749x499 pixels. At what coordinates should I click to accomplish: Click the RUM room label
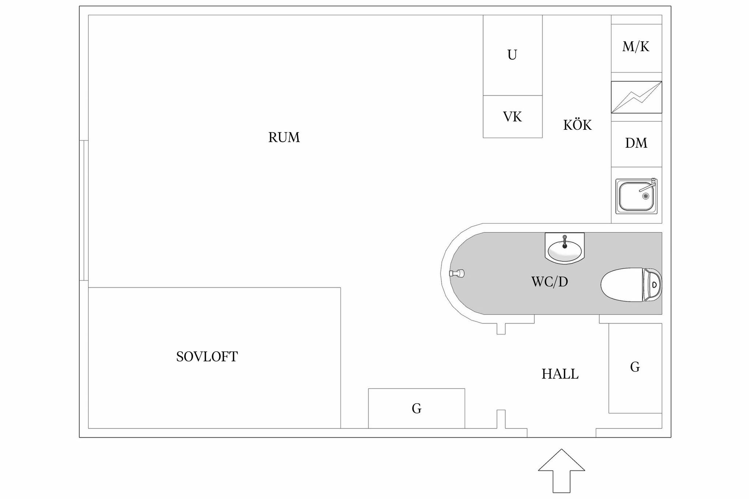tap(284, 137)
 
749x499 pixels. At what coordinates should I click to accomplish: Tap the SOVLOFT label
tap(207, 357)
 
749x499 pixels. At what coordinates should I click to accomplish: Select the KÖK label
tap(577, 125)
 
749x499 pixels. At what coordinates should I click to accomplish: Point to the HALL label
tap(560, 374)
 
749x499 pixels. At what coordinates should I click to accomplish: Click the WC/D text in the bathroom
tap(549, 282)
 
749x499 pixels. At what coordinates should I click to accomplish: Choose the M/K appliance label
tap(636, 46)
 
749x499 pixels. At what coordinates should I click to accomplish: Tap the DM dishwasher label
tap(636, 143)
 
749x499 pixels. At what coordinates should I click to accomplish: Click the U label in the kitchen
tap(512, 55)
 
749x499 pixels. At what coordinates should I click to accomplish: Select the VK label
tap(512, 117)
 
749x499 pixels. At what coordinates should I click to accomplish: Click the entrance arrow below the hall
tap(561, 471)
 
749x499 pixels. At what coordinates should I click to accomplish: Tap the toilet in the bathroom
tap(631, 285)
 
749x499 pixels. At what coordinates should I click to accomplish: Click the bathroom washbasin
tap(565, 248)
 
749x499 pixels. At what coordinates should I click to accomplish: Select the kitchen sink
tap(636, 196)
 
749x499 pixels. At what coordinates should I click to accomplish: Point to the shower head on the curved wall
tap(457, 273)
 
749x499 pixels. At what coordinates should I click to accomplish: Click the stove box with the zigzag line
tap(636, 97)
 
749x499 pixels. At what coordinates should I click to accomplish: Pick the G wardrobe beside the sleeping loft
tap(417, 408)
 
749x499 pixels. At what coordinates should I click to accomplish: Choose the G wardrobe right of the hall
tap(635, 368)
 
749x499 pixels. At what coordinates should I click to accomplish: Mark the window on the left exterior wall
tap(84, 211)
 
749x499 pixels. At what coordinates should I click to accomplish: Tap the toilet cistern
tap(652, 285)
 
